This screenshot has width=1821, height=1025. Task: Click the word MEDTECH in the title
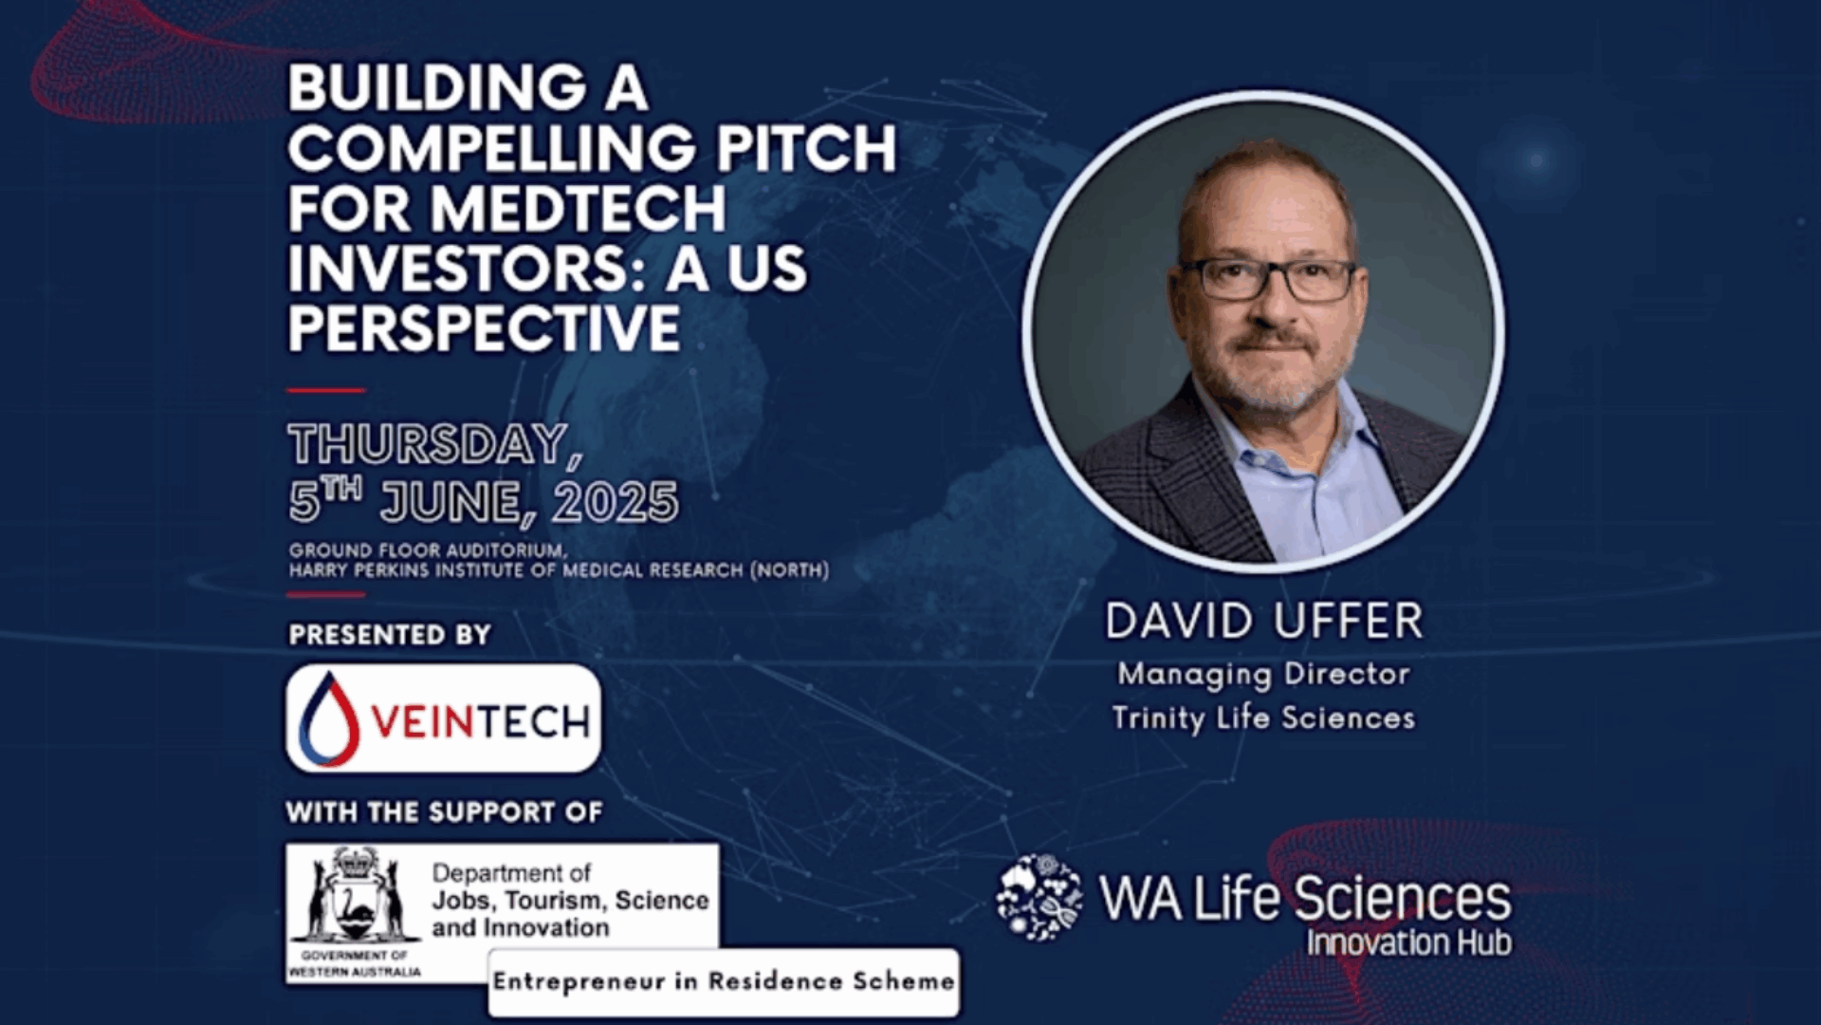click(579, 208)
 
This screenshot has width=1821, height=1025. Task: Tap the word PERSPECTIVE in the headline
click(484, 328)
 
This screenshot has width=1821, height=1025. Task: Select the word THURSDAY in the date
click(429, 444)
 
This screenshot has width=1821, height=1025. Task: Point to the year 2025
click(616, 502)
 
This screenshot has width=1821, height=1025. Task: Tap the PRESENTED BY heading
click(390, 634)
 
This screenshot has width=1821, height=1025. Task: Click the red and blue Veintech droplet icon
click(329, 718)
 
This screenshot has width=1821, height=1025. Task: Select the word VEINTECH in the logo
click(481, 723)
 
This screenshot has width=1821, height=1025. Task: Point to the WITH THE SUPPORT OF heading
click(444, 812)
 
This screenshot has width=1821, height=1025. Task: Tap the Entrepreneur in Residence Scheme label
click(724, 981)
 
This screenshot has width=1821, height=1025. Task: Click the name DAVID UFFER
click(1264, 622)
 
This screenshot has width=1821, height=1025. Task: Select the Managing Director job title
click(1263, 675)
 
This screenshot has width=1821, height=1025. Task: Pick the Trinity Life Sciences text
click(1263, 718)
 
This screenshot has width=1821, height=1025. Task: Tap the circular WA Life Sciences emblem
click(1039, 898)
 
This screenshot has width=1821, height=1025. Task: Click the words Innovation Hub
click(1409, 942)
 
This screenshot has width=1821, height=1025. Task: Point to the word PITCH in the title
click(805, 148)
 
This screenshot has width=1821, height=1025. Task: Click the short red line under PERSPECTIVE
click(326, 390)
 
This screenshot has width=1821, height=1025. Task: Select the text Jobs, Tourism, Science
click(570, 901)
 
